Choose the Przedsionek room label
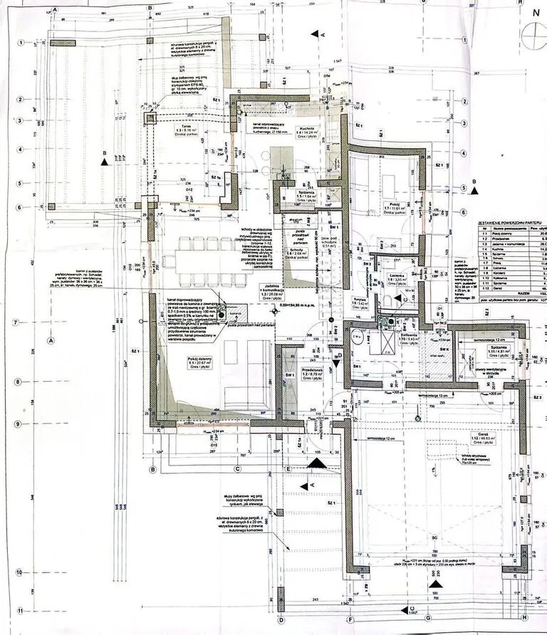pos(313,371)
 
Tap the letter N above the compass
pos(535,12)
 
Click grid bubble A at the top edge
pos(55,10)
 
